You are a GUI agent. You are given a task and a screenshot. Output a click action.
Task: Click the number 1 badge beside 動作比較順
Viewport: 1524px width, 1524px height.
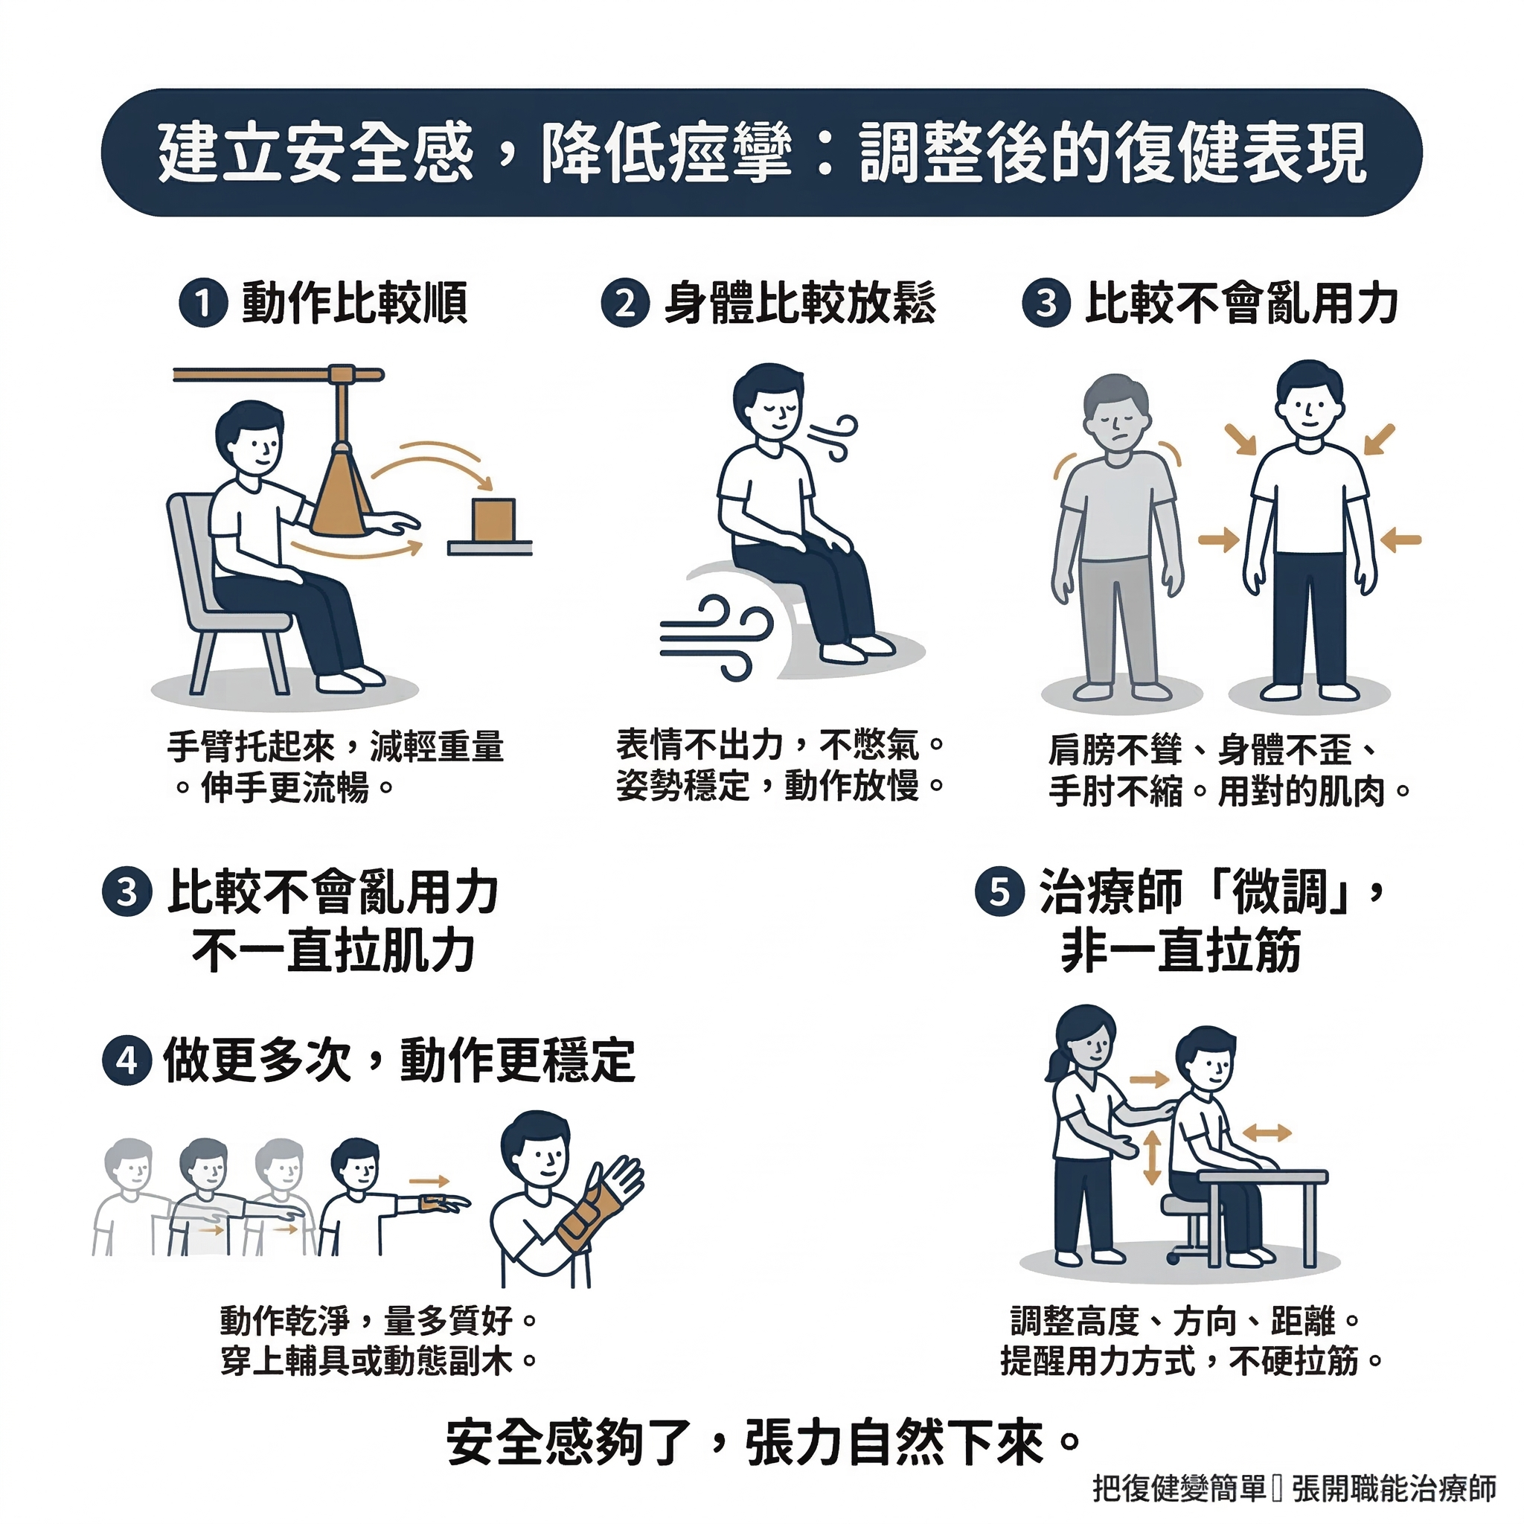[203, 304]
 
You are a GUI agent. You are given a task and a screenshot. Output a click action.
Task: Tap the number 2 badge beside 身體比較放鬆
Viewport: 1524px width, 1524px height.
[626, 304]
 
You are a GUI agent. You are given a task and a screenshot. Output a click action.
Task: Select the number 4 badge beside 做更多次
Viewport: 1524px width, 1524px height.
[127, 1061]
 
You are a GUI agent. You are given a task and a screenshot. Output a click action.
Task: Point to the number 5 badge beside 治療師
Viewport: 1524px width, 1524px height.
[999, 892]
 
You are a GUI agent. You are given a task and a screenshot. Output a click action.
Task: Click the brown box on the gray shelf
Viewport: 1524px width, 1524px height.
[494, 520]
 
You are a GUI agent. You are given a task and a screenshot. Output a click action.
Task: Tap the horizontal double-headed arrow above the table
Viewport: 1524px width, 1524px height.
[1267, 1133]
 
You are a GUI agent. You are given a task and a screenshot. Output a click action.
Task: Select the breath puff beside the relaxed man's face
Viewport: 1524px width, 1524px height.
[831, 438]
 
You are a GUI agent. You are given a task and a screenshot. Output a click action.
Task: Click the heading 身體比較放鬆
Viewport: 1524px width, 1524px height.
[800, 304]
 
